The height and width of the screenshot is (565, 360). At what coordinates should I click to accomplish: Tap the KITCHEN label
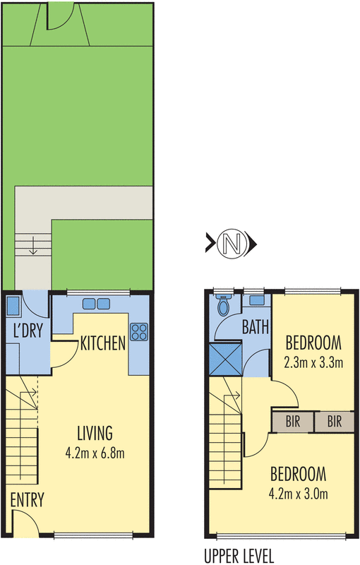(103, 344)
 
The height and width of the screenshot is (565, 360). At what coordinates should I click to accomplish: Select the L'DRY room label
(25, 331)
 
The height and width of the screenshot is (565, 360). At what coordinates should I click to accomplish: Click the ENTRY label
(27, 501)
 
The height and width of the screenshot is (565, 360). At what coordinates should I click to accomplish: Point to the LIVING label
(95, 433)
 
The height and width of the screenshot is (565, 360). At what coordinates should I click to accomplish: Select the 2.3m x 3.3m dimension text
(313, 364)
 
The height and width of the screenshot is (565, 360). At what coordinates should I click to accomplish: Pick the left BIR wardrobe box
(292, 422)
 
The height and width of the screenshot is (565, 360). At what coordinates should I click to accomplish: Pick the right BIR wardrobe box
(334, 422)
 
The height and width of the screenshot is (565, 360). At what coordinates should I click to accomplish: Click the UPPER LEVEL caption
(239, 555)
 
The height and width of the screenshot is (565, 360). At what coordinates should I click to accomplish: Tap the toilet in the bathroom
(224, 307)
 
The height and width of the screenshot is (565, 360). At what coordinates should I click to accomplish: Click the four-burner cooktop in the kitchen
(138, 331)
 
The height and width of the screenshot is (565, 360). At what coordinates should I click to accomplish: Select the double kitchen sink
(96, 304)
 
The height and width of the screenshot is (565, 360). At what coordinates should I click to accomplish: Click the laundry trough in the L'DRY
(13, 306)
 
